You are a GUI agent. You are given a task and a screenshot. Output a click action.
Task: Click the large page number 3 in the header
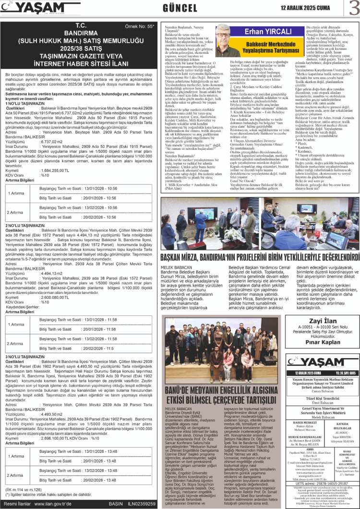pyautogui.click(x=353, y=8)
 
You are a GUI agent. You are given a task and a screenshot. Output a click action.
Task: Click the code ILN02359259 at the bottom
pyautogui.click(x=141, y=504)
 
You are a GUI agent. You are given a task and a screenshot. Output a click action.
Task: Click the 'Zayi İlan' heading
pyautogui.click(x=322, y=321)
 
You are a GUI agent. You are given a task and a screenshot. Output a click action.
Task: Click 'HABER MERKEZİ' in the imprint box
pyautogui.click(x=304, y=422)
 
